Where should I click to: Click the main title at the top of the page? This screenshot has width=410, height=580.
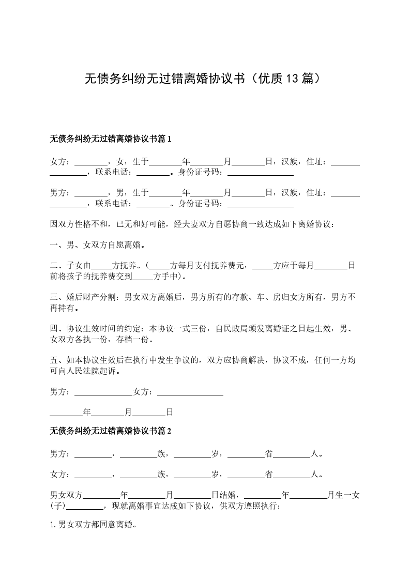(x=205, y=79)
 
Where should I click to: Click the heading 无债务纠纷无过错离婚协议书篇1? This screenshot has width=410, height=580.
(x=110, y=139)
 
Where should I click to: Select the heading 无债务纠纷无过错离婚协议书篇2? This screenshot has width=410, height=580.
(x=110, y=431)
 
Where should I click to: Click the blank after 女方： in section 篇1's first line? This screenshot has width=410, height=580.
(x=91, y=162)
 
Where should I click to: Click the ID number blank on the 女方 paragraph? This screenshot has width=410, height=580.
(x=260, y=173)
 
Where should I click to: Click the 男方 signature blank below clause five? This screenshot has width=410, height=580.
(x=103, y=392)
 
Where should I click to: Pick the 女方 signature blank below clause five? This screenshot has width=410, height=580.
(x=190, y=392)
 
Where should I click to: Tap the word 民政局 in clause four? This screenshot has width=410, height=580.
(x=236, y=329)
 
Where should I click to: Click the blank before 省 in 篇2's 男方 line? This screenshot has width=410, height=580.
(x=246, y=454)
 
